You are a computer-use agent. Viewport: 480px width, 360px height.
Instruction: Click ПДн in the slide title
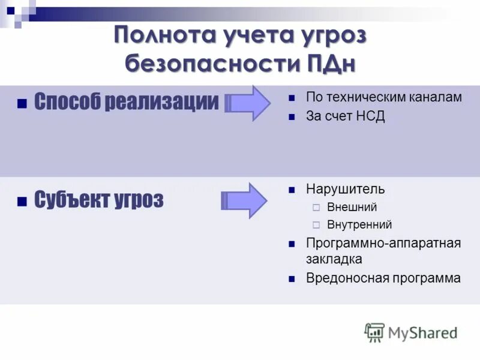pyautogui.click(x=331, y=62)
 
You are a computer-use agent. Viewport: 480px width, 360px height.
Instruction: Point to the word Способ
pyautogui.click(x=67, y=101)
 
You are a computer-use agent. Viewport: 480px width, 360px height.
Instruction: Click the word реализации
pyautogui.click(x=161, y=101)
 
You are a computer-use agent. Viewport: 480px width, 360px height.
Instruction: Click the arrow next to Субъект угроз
pyautogui.click(x=245, y=200)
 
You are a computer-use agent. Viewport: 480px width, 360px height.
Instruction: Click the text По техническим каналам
pyautogui.click(x=384, y=97)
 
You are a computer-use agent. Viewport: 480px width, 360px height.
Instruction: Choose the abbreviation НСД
pyautogui.click(x=369, y=116)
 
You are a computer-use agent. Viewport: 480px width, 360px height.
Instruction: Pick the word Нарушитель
pyautogui.click(x=345, y=190)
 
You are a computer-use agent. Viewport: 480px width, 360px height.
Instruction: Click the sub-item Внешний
pyautogui.click(x=352, y=208)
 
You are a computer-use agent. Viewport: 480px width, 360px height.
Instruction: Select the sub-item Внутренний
pyautogui.click(x=359, y=225)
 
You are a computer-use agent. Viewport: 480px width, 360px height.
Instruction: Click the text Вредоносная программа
pyautogui.click(x=383, y=278)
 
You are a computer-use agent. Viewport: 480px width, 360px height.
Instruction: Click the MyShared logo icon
pyautogui.click(x=374, y=332)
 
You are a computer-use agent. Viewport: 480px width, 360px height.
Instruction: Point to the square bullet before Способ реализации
pyautogui.click(x=22, y=103)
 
